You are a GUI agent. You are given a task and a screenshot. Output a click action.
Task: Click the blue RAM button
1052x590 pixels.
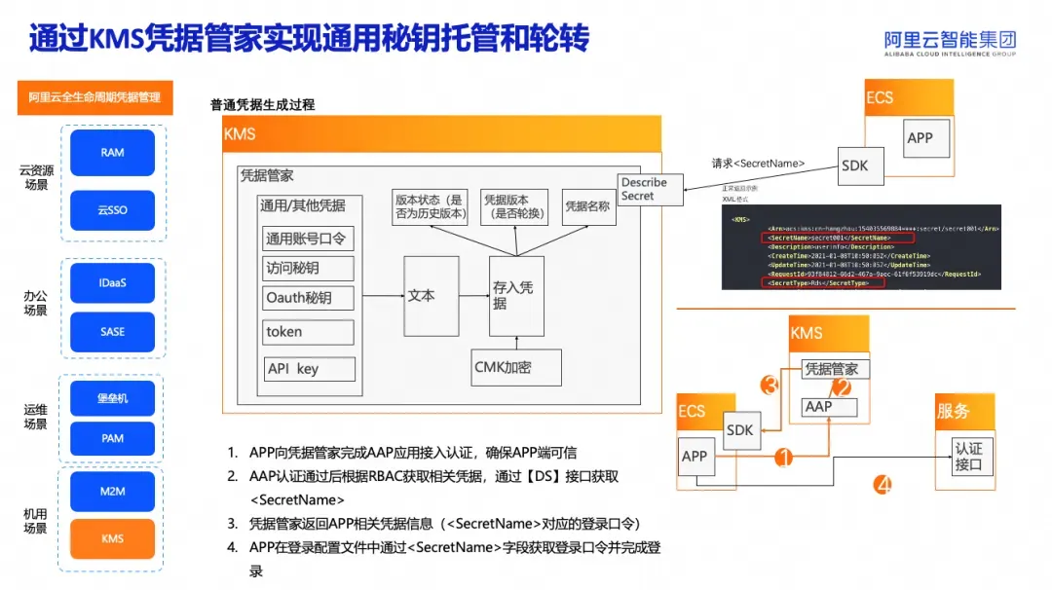pyautogui.click(x=113, y=153)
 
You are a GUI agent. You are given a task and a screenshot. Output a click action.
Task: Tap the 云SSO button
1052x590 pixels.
pyautogui.click(x=113, y=209)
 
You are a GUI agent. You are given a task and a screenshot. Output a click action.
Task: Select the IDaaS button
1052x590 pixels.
pyautogui.click(x=113, y=282)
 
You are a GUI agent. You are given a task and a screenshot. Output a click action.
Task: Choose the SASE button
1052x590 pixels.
pyautogui.click(x=113, y=331)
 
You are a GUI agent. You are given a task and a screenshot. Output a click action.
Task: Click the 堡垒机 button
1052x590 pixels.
pyautogui.click(x=113, y=398)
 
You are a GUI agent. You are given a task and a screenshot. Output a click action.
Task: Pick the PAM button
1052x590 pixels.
pyautogui.click(x=113, y=438)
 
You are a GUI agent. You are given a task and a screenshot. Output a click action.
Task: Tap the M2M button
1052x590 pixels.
pyautogui.click(x=113, y=491)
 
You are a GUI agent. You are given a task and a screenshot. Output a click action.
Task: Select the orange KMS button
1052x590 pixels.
pyautogui.click(x=113, y=538)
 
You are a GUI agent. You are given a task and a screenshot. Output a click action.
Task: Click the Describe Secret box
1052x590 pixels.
pyautogui.click(x=644, y=189)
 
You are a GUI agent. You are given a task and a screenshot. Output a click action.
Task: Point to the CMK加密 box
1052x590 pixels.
pyautogui.click(x=516, y=367)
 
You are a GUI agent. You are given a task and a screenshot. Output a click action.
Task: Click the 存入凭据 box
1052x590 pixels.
pyautogui.click(x=515, y=296)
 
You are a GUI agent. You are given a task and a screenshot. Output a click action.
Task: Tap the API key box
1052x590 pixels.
pyautogui.click(x=309, y=369)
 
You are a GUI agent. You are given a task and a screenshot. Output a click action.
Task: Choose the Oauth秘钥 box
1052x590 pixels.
pyautogui.click(x=309, y=298)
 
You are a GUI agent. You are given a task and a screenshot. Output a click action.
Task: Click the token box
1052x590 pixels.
pyautogui.click(x=309, y=332)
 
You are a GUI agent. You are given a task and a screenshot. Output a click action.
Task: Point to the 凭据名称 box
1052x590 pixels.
pyautogui.click(x=588, y=206)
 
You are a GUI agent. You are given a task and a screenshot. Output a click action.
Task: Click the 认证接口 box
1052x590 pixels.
pyautogui.click(x=968, y=456)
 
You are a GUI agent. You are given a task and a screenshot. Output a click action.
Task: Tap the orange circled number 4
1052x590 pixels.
pyautogui.click(x=883, y=483)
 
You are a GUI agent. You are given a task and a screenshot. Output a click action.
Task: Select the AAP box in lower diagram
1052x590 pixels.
pyautogui.click(x=828, y=407)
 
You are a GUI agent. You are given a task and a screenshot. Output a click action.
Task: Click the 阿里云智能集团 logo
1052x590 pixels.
pyautogui.click(x=950, y=42)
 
